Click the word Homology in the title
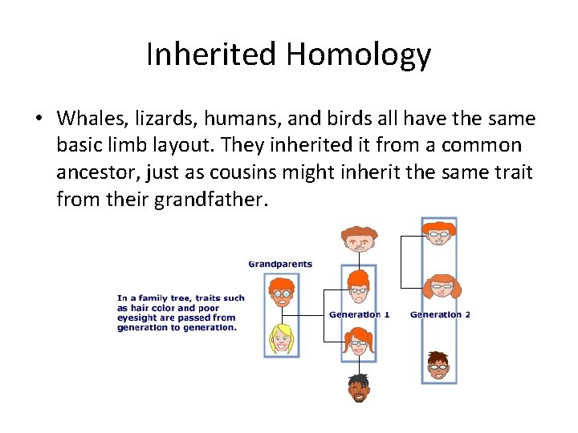(357, 55)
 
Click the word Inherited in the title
(210, 55)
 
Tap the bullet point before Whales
(39, 119)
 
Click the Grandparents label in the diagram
(280, 264)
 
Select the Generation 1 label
(359, 314)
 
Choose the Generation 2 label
(440, 314)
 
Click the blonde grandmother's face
(281, 338)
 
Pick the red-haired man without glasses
(358, 238)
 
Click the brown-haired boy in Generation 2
(438, 365)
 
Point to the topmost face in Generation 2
(438, 233)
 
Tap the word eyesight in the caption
(136, 318)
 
